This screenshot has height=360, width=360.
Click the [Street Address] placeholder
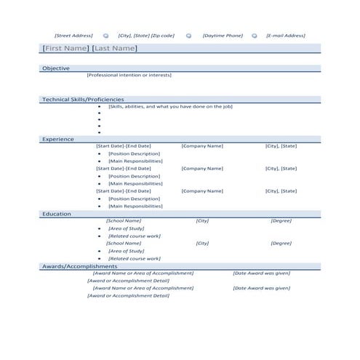[73, 35]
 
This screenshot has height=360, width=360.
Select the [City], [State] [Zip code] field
[146, 35]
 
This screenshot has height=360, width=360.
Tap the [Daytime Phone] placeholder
[223, 35]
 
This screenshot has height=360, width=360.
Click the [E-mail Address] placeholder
[286, 35]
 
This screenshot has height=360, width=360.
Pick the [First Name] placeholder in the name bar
[65, 48]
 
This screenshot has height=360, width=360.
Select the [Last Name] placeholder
[114, 48]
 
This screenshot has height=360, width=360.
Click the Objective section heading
[56, 68]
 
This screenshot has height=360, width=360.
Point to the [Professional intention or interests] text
[129, 75]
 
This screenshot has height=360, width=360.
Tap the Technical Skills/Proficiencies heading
[83, 99]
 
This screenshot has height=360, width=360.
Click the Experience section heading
[58, 138]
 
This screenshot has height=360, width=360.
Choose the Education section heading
[57, 214]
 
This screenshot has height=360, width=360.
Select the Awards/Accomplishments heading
[79, 266]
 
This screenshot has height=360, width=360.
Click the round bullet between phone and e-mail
[255, 35]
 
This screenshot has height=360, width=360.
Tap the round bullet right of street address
[105, 35]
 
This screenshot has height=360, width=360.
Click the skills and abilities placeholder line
[170, 106]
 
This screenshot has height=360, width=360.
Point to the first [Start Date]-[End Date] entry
[124, 145]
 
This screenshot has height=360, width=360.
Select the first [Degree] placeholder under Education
[281, 220]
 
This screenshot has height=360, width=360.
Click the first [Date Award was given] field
[261, 273]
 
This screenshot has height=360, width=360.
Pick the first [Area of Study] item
[126, 228]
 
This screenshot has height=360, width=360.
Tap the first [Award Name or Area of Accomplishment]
[143, 273]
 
